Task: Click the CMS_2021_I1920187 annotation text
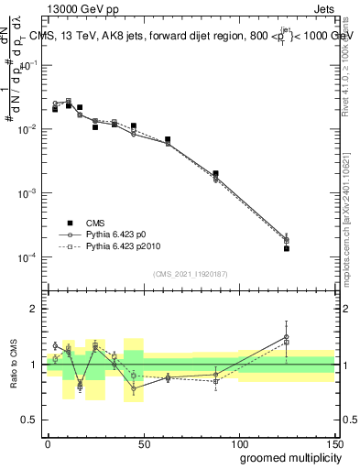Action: point(190,275)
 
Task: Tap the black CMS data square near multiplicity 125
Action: point(287,248)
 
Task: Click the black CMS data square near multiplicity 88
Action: point(215,173)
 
